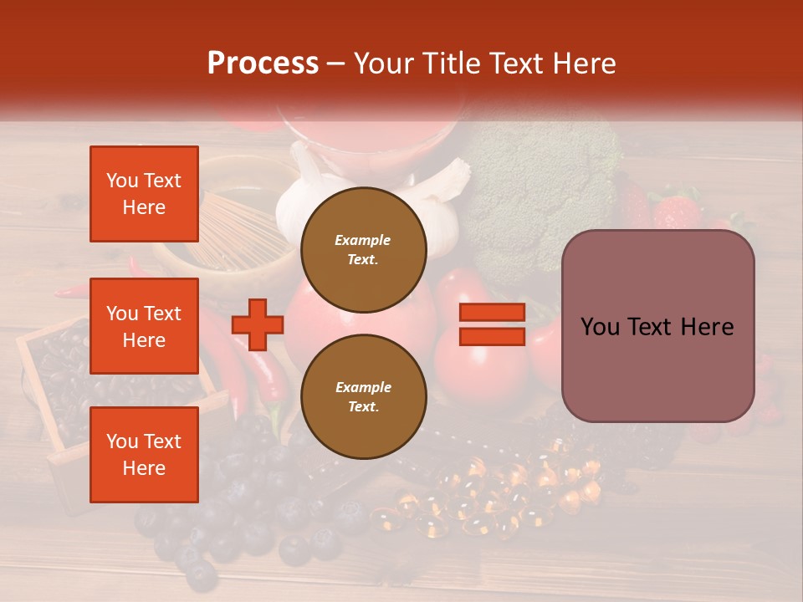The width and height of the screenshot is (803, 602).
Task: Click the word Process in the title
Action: point(263,64)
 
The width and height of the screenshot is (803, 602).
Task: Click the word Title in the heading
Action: point(451,64)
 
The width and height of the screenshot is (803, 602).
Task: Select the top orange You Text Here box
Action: point(144,194)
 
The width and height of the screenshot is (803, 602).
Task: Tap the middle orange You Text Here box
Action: point(144,326)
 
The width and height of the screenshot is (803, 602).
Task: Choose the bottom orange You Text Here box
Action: point(144,454)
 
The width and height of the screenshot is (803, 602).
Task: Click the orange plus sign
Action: point(257,324)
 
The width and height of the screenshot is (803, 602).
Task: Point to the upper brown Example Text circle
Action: point(363,249)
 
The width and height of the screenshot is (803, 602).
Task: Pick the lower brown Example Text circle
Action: point(363,396)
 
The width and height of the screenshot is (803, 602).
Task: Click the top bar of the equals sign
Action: point(492,313)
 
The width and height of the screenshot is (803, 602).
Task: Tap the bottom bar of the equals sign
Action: point(492,336)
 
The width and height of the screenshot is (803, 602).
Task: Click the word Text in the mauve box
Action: point(649,327)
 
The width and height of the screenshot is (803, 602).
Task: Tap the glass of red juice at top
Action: point(368,134)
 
